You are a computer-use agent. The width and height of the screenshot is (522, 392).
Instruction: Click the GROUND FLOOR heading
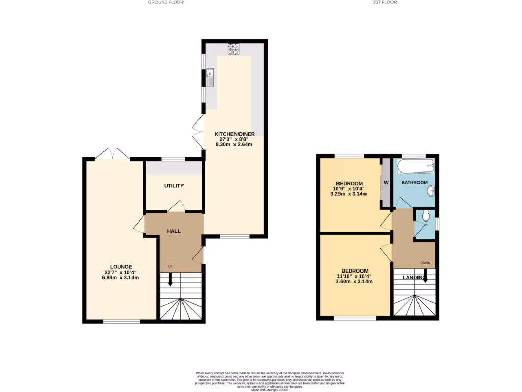[166, 2]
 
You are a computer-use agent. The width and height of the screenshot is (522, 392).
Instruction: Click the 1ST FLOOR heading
[385, 2]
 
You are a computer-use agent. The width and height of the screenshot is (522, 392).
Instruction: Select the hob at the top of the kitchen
[234, 50]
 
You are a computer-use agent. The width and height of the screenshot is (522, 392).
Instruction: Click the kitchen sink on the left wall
[210, 79]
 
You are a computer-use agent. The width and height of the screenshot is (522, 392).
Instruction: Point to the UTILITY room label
[174, 186]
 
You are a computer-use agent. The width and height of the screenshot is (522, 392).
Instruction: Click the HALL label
[174, 231]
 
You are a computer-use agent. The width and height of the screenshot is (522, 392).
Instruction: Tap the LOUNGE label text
[121, 266]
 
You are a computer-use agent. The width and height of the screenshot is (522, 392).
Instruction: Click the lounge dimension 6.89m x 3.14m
[121, 278]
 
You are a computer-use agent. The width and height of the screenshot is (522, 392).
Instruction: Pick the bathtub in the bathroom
[415, 166]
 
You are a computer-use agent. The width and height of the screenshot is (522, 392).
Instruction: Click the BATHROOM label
[414, 182]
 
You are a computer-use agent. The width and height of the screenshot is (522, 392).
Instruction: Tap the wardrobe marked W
[386, 182]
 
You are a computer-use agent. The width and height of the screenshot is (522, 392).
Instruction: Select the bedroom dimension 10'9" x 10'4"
[349, 189]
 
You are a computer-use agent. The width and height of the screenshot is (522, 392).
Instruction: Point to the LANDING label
[414, 277]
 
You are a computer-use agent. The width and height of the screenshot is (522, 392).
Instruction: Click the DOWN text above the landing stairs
[425, 263]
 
